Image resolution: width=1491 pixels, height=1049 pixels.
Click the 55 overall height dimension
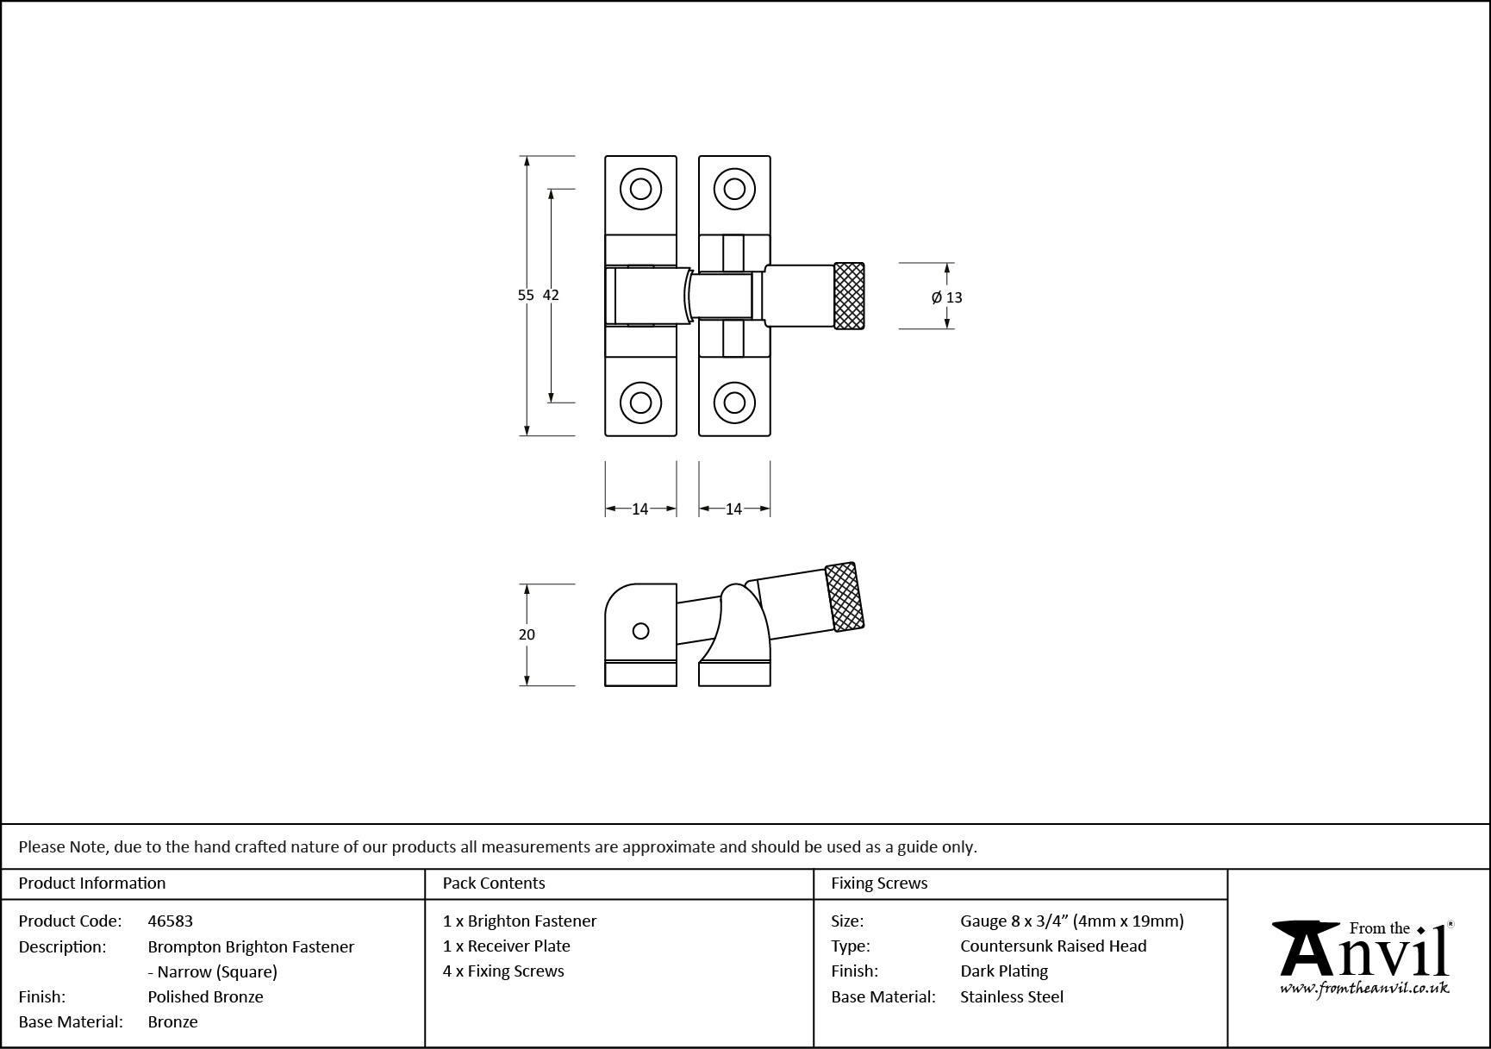(x=525, y=295)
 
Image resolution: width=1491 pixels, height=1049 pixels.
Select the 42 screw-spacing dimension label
(x=551, y=295)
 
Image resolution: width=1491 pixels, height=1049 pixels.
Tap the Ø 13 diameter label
(x=946, y=297)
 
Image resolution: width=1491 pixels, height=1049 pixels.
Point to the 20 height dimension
(x=527, y=634)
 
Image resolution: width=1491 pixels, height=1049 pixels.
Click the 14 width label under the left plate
(x=639, y=509)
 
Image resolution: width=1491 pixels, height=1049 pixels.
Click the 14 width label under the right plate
(x=733, y=509)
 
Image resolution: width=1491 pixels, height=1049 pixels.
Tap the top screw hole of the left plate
(x=640, y=189)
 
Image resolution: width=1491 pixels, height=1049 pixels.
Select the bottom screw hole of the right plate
(x=734, y=402)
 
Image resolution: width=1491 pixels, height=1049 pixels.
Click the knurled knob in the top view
(x=849, y=296)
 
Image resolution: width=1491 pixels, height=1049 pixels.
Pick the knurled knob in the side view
(x=845, y=596)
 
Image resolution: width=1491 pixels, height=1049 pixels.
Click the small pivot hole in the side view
(x=640, y=631)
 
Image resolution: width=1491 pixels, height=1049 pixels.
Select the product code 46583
(x=171, y=921)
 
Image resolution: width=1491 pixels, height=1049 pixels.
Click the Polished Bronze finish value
(x=205, y=996)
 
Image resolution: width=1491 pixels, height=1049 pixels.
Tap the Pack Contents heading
(x=494, y=884)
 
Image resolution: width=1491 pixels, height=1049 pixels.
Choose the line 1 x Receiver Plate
(x=507, y=946)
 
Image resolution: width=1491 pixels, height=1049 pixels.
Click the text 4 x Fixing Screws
(x=503, y=971)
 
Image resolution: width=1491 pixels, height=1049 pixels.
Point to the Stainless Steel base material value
(x=1012, y=996)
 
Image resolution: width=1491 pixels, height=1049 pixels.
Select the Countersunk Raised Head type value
(x=1053, y=946)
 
